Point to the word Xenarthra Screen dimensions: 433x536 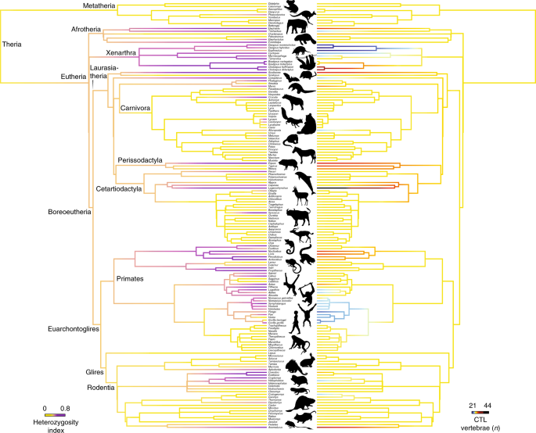click(x=102, y=52)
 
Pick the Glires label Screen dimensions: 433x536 click(x=95, y=373)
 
